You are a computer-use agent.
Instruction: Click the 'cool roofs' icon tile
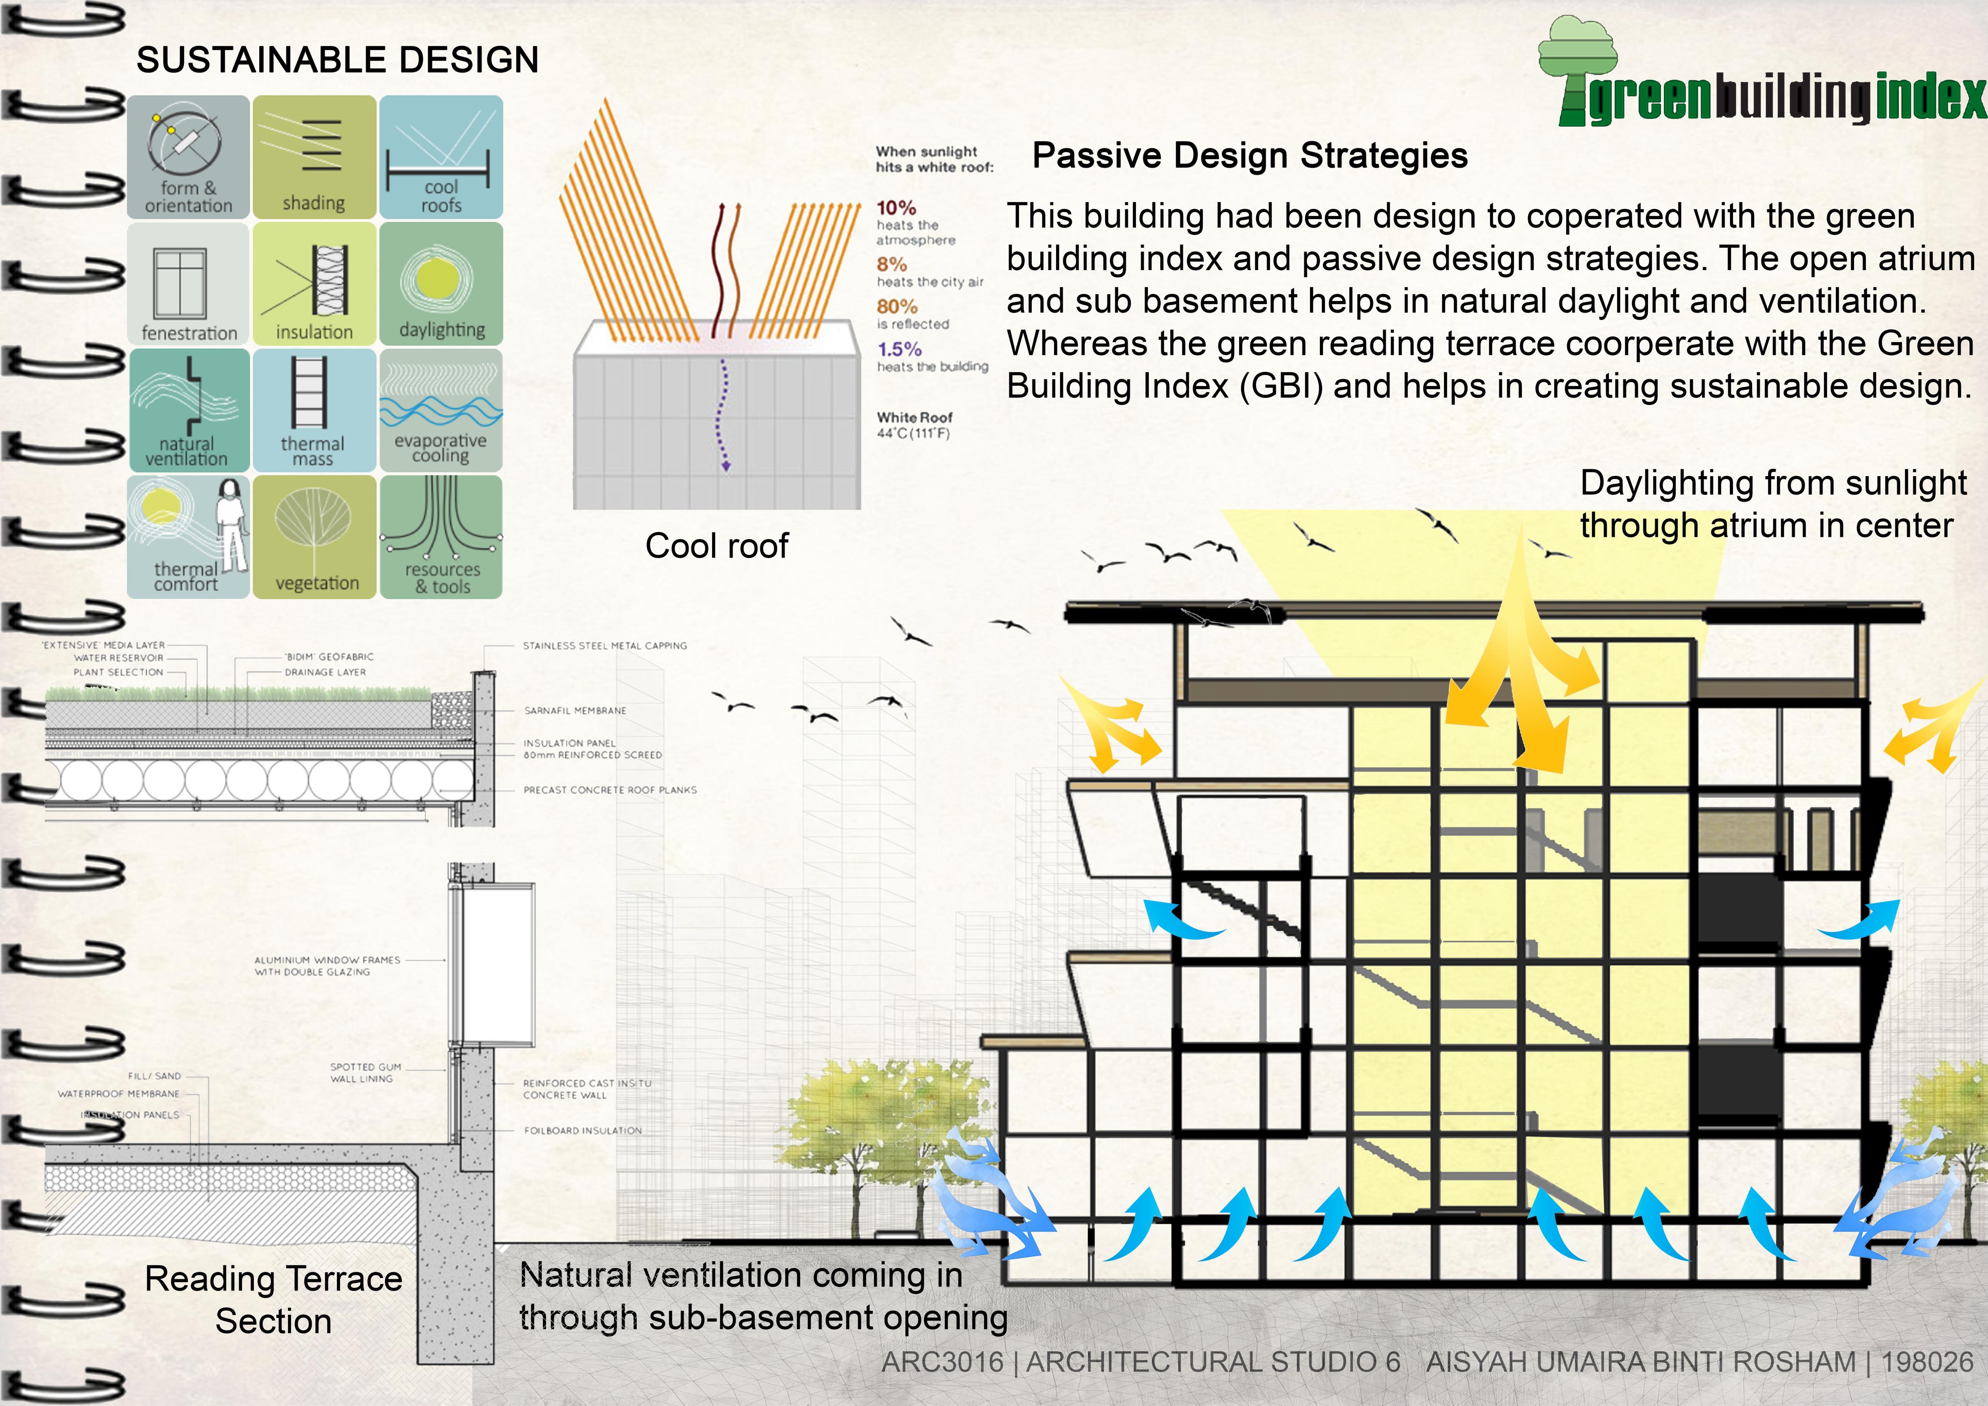441,157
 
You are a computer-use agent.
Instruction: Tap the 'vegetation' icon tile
314,536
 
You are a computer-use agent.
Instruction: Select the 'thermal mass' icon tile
314,410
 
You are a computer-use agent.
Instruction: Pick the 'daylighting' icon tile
441,283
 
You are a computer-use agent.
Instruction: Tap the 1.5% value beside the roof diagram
899,349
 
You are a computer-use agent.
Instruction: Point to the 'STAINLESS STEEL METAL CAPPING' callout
604,645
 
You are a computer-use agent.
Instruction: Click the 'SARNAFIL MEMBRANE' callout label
575,710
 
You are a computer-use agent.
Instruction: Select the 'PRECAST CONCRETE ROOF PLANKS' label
610,790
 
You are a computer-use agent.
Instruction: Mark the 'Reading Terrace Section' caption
274,1299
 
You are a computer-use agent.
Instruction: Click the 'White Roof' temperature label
914,424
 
